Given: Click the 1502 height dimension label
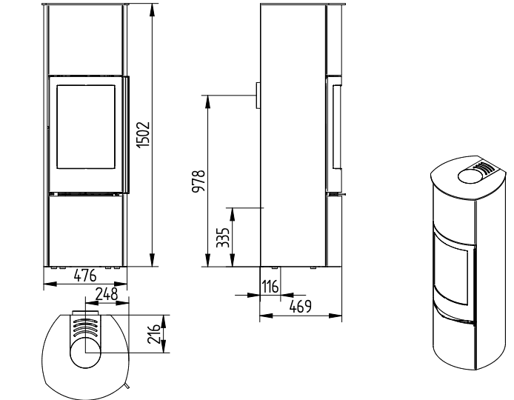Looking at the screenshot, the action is pos(143,134).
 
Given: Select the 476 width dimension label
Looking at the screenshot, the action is pos(85,276).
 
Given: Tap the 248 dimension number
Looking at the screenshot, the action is pos(106,294).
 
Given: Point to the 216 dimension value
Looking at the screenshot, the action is pos(154,334).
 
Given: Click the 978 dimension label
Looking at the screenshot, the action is pos(198,181).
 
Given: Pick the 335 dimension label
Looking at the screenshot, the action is pos(223,238).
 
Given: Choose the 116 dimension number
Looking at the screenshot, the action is pos(270,287).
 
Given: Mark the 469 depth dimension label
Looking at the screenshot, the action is pos(300,307).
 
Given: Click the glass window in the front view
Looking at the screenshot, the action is pos(86,127).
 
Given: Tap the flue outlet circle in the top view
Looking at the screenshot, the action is pos(85,353).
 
